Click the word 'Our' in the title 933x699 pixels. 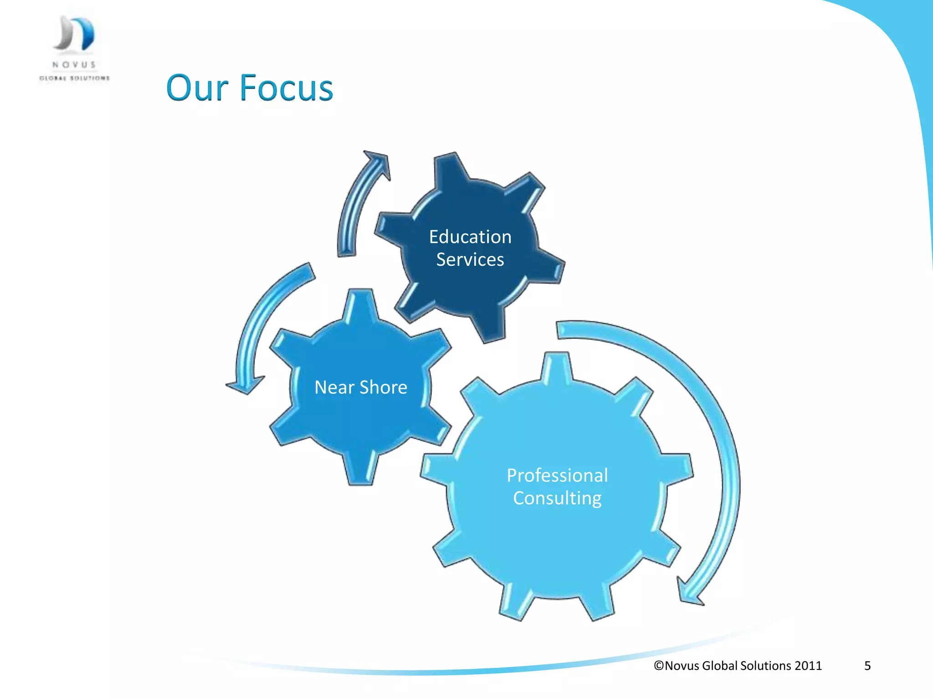pos(197,88)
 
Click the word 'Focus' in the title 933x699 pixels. pos(287,88)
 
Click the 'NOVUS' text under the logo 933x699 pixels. pos(74,65)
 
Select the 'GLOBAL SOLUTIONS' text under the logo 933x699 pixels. pos(74,78)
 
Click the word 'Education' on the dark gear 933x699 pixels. pos(470,237)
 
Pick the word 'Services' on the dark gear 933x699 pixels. pos(470,260)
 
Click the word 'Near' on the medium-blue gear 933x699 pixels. pos(334,388)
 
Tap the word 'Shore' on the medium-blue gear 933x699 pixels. pos(384,388)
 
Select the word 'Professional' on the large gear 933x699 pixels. pos(557,476)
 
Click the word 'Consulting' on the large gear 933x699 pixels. pos(557,498)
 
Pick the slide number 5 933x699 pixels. pos(867,666)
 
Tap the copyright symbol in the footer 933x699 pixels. pos(659,666)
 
